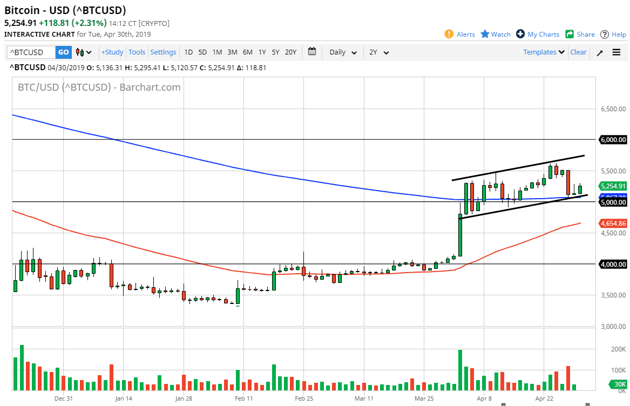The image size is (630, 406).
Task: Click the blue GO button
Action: [64, 52]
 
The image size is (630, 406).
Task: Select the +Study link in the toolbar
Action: [112, 52]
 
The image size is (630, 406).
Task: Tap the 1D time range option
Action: [188, 52]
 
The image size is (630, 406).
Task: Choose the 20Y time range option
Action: [290, 52]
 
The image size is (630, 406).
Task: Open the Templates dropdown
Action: [544, 52]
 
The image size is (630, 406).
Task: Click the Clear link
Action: [578, 52]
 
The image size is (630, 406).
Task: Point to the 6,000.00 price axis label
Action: [613, 139]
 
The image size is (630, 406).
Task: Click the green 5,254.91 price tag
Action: [613, 186]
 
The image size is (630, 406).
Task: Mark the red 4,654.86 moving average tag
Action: [613, 223]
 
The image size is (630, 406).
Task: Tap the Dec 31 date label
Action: [64, 399]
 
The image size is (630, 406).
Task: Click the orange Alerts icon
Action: [449, 34]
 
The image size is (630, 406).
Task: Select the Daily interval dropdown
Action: [343, 52]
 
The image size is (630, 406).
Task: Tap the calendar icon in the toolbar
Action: [312, 52]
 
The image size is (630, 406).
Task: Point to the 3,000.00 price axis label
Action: [613, 327]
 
